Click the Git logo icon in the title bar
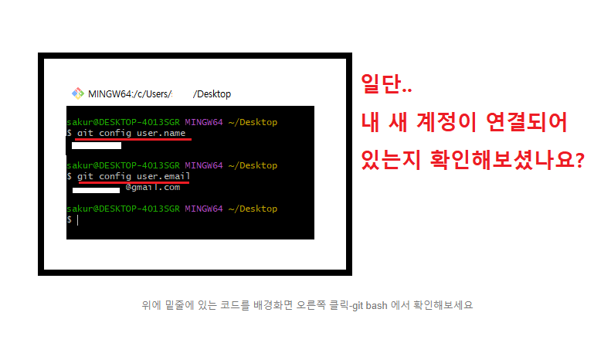pos(77,93)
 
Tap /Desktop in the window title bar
pos(212,94)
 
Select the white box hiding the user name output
pos(96,145)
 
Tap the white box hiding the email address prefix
pos(95,189)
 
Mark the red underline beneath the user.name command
pos(130,141)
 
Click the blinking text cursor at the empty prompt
pos(77,220)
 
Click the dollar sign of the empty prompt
pos(70,220)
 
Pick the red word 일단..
pos(386,87)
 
